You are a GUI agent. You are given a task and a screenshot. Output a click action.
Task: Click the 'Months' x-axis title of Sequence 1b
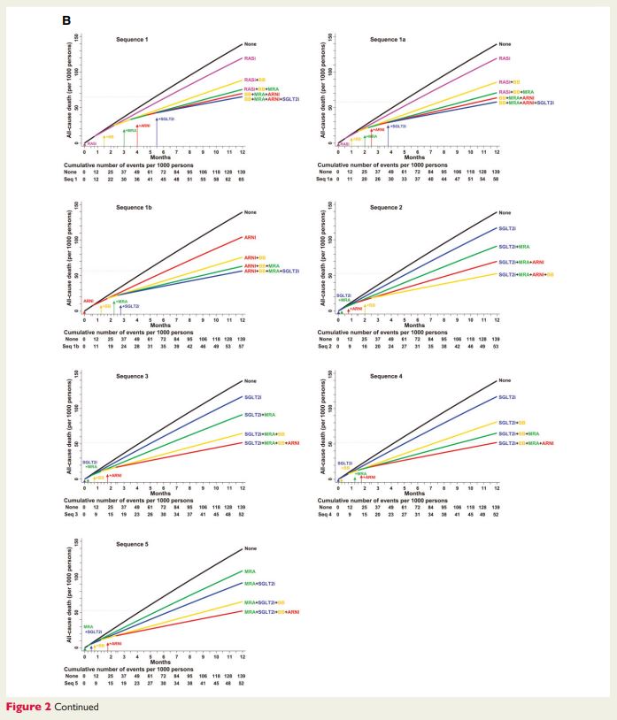pos(160,325)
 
